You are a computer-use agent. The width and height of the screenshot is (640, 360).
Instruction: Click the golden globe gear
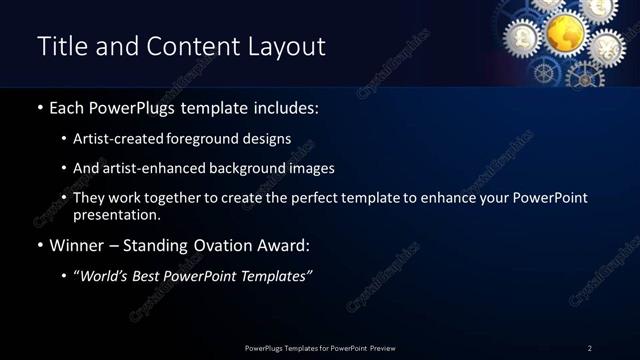point(565,32)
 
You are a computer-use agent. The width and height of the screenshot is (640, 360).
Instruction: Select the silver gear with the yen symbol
point(606,45)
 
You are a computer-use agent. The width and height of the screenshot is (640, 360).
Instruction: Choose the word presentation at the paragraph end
point(116,214)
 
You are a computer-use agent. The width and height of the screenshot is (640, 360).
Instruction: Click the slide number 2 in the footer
point(589,348)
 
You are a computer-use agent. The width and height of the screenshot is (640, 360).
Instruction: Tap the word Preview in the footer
point(377,348)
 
